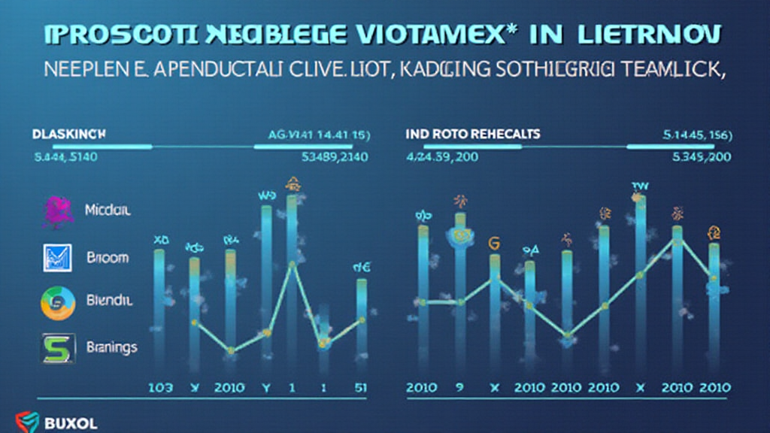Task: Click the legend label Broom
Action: tap(107, 257)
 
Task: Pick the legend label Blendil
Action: tap(110, 300)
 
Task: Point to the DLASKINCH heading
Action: tap(68, 133)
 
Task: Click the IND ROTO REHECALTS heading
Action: tap(472, 134)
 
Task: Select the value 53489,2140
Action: tap(334, 157)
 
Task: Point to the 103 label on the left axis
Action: tap(159, 387)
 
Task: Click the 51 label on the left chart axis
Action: tap(362, 387)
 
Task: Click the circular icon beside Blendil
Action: tap(57, 301)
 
